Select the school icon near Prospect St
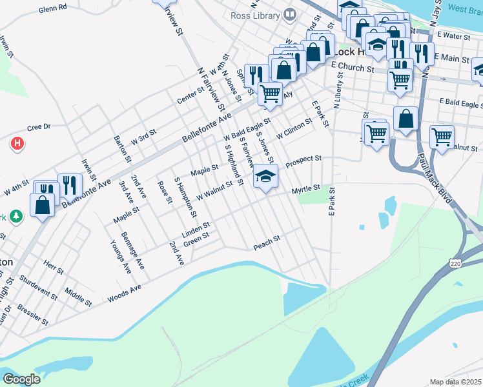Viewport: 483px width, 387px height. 265,176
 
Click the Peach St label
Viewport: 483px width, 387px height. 267,244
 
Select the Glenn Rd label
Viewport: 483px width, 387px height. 52,9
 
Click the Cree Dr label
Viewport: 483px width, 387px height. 38,127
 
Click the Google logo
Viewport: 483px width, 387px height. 21,379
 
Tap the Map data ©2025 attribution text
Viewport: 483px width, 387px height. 455,382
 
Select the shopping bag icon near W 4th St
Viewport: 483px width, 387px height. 42,205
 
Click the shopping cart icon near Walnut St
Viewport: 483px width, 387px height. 442,137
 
